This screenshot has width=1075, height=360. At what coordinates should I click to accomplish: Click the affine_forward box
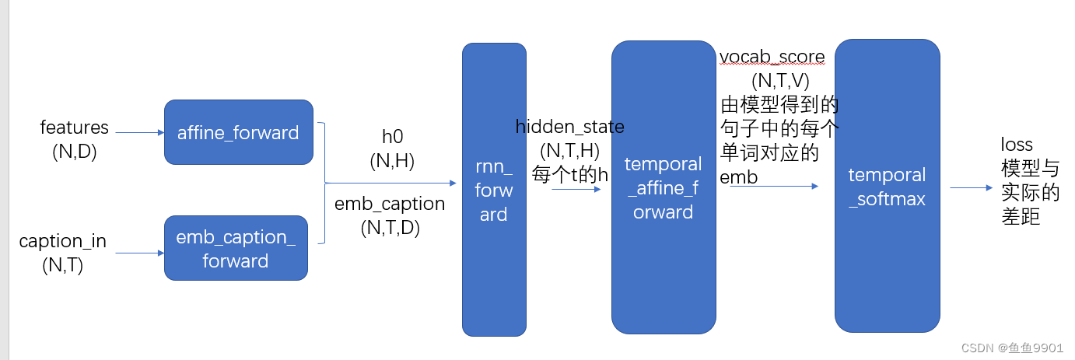click(x=238, y=132)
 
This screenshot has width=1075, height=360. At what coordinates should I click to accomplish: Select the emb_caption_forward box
click(x=236, y=248)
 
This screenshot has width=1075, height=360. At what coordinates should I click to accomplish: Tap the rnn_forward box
click(x=494, y=189)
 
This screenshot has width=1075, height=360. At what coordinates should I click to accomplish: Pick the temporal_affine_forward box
click(x=663, y=187)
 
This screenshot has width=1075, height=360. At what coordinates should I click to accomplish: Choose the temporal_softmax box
click(x=887, y=187)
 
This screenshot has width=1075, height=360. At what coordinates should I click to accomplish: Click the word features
click(x=75, y=127)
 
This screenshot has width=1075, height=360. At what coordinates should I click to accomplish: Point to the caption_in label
click(x=63, y=242)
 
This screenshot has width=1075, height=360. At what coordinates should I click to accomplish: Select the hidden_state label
click(x=570, y=126)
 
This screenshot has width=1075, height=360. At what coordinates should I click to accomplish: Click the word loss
click(x=1017, y=144)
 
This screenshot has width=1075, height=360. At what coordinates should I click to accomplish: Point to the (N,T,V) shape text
click(x=781, y=80)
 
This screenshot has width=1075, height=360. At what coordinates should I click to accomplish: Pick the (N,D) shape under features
click(x=75, y=152)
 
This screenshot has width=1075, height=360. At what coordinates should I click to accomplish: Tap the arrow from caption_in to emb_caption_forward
click(x=136, y=253)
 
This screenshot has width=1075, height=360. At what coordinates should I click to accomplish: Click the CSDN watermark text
click(x=1012, y=348)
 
